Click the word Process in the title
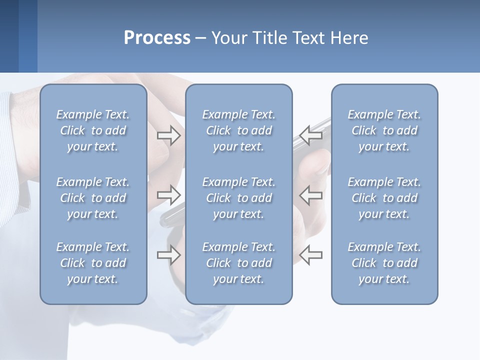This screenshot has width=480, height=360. (x=157, y=38)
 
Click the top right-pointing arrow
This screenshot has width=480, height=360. (x=168, y=135)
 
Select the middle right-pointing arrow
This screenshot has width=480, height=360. (x=168, y=194)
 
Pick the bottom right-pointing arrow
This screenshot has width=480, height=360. (x=168, y=254)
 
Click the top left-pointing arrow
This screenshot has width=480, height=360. (x=311, y=135)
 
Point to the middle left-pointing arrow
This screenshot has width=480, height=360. (x=311, y=194)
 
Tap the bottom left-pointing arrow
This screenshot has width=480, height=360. (x=311, y=254)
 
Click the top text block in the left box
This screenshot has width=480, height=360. (x=93, y=130)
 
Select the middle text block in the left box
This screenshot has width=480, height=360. (x=93, y=198)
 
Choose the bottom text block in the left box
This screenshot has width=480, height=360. (x=93, y=263)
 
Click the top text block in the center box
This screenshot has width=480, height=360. (x=238, y=130)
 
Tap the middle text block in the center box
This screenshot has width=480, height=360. (x=238, y=198)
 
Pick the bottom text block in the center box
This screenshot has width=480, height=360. (x=238, y=263)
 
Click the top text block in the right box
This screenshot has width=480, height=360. (x=384, y=130)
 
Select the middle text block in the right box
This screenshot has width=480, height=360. (x=384, y=198)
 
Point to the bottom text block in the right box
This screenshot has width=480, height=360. (x=384, y=263)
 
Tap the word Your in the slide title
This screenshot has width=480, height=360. (x=227, y=38)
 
